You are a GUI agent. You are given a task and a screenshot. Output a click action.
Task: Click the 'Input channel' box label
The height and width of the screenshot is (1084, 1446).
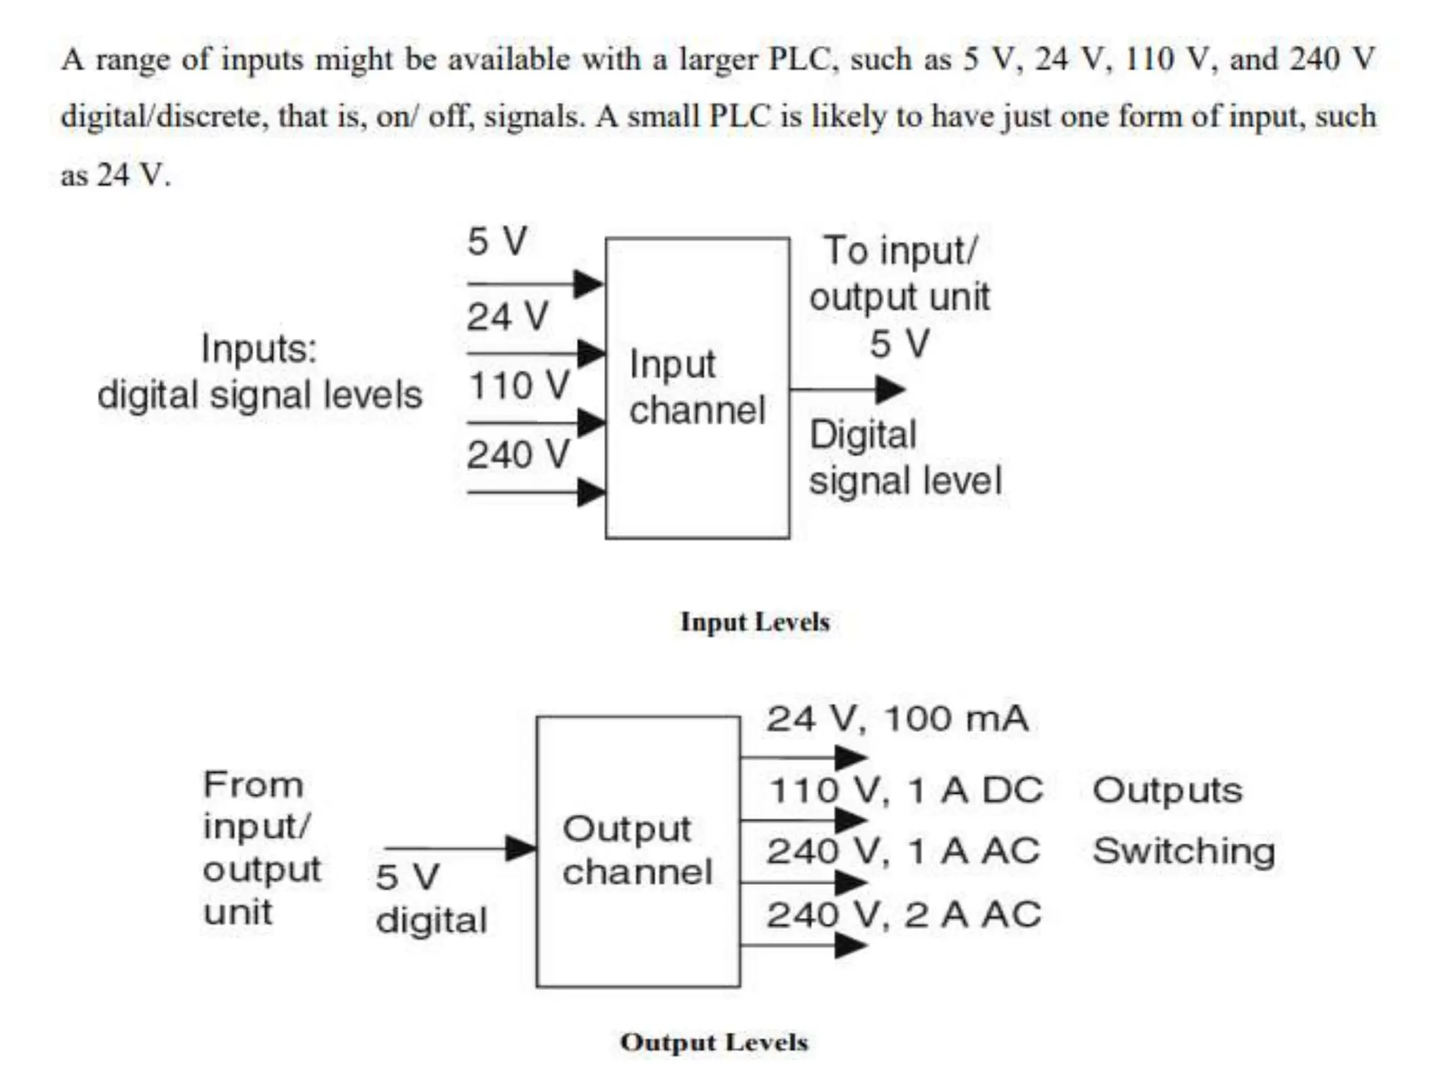[x=696, y=387]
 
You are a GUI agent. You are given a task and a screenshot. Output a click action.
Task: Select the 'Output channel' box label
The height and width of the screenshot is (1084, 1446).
[x=637, y=850]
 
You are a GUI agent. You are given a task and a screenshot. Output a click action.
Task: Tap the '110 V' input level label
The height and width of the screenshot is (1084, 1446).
[x=519, y=386]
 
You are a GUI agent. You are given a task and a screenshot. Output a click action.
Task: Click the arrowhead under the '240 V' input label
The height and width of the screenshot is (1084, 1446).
[x=590, y=492]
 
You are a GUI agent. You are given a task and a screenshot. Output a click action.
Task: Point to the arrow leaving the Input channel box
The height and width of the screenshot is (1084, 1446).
[x=847, y=389]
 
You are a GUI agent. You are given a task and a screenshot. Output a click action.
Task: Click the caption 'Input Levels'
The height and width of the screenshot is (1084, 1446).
[x=754, y=622]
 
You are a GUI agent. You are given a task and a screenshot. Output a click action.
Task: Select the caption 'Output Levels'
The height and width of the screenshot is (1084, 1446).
[x=713, y=1042]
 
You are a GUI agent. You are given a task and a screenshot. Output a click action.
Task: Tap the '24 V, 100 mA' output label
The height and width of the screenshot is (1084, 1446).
[x=897, y=719]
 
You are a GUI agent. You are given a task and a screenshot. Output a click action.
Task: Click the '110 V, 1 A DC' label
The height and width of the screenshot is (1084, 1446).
[x=905, y=790]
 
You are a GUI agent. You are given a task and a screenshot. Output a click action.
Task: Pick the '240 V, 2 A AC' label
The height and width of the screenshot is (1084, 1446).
[x=904, y=915]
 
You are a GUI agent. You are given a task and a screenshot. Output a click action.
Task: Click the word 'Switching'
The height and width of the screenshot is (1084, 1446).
[x=1183, y=851]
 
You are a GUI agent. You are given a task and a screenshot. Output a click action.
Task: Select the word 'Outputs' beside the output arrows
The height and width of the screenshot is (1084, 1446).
[x=1167, y=790]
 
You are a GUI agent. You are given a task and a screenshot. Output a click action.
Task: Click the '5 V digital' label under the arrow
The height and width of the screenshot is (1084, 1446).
[x=431, y=898]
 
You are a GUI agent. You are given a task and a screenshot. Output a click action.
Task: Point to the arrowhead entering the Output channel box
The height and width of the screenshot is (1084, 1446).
[x=521, y=848]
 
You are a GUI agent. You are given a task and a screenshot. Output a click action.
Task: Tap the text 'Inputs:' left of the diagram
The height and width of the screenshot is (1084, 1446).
[x=259, y=349]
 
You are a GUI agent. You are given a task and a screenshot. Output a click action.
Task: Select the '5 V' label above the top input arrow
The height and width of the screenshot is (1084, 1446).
[x=497, y=241]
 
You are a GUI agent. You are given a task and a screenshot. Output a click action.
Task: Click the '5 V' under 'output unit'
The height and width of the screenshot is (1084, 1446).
[x=899, y=344]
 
